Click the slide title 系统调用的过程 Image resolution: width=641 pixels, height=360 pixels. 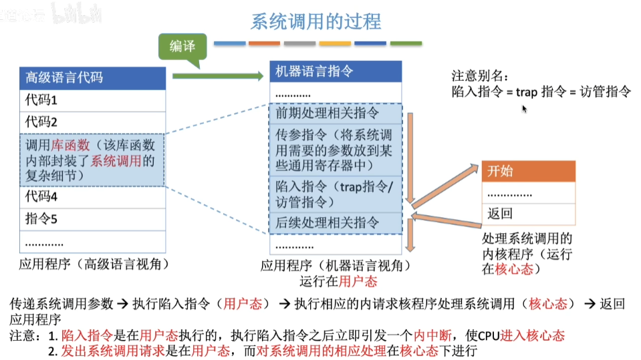[315, 21]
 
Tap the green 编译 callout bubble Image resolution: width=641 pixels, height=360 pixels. [182, 46]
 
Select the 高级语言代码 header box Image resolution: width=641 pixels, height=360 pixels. [92, 77]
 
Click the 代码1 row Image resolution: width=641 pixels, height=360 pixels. [92, 100]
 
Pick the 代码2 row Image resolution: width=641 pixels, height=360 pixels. [92, 122]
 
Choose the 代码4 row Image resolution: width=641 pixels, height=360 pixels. [92, 197]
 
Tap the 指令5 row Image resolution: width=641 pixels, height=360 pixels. [92, 218]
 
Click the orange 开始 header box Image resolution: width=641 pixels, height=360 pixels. [528, 172]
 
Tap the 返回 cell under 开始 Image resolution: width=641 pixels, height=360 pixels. [528, 214]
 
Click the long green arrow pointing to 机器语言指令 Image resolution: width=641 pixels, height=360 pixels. [218, 77]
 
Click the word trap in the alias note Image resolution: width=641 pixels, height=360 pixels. [526, 92]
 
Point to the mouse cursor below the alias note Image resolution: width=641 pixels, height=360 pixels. [525, 108]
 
